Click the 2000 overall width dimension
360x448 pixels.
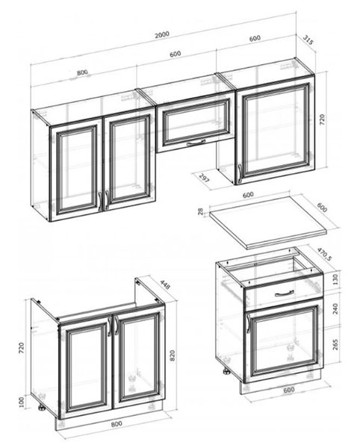(162, 34)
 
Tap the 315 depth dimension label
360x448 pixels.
(308, 40)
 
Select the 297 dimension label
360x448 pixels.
(204, 178)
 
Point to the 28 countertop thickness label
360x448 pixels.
(201, 211)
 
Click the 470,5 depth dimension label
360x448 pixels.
(324, 254)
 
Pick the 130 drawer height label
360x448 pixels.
(335, 279)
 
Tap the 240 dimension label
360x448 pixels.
(335, 308)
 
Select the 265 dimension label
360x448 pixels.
(335, 344)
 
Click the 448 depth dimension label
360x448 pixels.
(165, 284)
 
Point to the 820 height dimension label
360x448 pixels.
(173, 355)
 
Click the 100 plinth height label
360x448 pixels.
(22, 402)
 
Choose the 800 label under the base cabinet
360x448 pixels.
(117, 423)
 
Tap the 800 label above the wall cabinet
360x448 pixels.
(82, 72)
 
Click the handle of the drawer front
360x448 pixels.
(284, 293)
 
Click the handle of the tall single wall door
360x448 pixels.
(240, 173)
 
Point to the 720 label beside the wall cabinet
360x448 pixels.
(322, 120)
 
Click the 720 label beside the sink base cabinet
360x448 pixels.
(22, 348)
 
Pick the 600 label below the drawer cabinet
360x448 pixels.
(289, 390)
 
